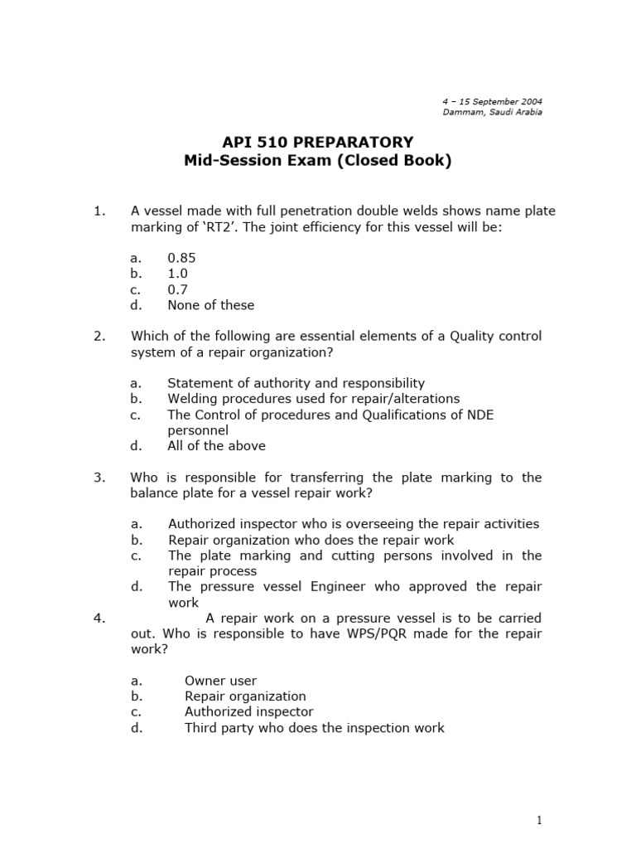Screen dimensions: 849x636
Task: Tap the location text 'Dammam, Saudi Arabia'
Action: (x=493, y=112)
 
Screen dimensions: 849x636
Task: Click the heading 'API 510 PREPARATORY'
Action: (x=318, y=142)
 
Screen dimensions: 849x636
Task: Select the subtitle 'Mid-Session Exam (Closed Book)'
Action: (x=318, y=161)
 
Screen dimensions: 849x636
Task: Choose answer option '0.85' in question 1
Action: (x=181, y=258)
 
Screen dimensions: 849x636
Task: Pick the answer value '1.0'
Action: (x=177, y=274)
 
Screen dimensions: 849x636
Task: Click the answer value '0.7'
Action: (x=177, y=289)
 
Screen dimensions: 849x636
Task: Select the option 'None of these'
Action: (x=210, y=305)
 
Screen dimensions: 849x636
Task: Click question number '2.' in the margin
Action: (x=99, y=336)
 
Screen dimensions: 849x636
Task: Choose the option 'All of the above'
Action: (x=216, y=446)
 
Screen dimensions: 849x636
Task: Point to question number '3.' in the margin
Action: (x=99, y=478)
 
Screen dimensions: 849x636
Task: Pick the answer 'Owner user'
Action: (x=220, y=681)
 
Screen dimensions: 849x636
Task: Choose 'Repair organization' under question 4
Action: (x=245, y=696)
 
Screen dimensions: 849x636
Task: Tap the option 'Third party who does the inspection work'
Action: (x=314, y=728)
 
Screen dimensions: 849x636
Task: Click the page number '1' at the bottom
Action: (x=538, y=821)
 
